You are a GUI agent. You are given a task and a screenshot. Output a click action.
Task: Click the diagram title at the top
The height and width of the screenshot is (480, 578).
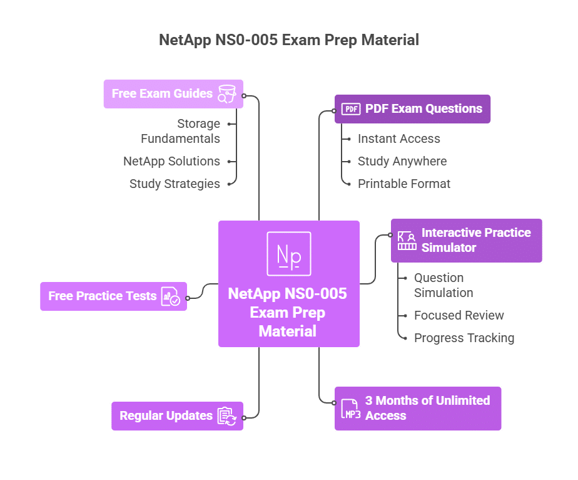tap(288, 40)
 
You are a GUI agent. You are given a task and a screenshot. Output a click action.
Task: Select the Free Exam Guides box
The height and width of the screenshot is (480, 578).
tap(173, 94)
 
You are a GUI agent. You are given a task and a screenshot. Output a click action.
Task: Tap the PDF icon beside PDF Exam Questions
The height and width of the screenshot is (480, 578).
tap(351, 109)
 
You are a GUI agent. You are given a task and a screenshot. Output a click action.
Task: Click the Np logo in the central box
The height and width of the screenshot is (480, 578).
tap(288, 254)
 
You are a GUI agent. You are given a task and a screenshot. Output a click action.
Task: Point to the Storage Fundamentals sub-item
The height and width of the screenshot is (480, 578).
tap(180, 131)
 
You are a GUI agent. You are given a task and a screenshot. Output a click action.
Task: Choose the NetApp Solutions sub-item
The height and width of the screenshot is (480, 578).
tap(171, 161)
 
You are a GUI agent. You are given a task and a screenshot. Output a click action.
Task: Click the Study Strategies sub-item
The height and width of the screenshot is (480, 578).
tap(175, 184)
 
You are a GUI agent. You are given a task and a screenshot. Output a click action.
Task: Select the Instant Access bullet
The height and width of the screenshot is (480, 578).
tap(398, 138)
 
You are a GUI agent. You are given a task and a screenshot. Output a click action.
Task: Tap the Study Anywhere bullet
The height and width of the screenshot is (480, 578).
tap(402, 161)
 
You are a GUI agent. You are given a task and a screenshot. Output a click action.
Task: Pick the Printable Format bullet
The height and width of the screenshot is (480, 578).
tap(403, 184)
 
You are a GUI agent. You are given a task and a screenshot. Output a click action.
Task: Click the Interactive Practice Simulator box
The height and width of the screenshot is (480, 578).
tap(467, 240)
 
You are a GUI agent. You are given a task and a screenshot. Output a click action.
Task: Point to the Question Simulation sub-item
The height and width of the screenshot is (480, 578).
tap(443, 285)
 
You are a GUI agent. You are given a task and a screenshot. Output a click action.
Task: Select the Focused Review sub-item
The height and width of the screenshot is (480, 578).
tap(459, 315)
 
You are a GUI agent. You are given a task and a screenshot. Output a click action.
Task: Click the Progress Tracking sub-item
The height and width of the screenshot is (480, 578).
tap(464, 338)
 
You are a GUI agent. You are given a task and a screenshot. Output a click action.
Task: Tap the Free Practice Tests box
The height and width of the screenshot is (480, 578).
tap(114, 296)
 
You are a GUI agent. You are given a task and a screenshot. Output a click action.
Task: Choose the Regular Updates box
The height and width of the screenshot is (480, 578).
tap(177, 416)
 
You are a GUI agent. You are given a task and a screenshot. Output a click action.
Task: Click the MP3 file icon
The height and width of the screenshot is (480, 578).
tap(350, 409)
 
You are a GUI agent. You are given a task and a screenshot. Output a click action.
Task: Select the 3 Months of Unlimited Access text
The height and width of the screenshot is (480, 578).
tap(427, 408)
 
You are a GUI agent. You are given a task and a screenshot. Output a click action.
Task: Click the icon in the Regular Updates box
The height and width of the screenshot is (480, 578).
tap(226, 416)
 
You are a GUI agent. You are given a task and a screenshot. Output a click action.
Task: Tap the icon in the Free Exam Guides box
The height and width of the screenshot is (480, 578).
tap(226, 94)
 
